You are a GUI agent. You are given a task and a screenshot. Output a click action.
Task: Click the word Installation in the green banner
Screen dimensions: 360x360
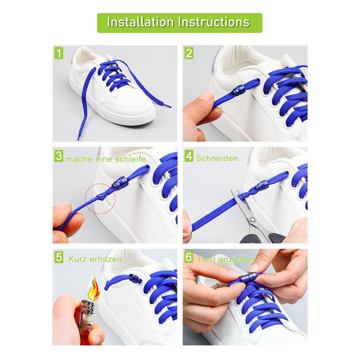(x=140, y=22)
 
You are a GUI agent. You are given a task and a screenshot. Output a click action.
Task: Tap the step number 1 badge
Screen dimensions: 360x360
(x=59, y=53)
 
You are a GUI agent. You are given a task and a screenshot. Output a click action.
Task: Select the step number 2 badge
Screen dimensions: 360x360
(x=189, y=53)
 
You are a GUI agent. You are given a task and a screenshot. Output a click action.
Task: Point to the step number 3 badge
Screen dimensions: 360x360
(x=59, y=156)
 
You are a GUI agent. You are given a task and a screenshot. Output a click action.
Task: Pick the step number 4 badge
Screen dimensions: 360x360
(x=189, y=156)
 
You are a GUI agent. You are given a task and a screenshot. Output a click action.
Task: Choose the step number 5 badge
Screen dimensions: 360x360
(x=59, y=257)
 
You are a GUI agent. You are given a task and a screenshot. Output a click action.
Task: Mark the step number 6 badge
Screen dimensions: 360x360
(x=189, y=257)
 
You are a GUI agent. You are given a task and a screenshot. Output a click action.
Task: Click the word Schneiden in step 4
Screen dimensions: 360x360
(x=217, y=158)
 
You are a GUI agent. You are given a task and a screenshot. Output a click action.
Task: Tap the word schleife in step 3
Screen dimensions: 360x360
(x=130, y=159)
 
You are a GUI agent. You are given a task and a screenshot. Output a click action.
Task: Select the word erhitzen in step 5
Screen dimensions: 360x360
(x=106, y=260)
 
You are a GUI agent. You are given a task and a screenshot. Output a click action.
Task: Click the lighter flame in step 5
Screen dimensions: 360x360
(x=94, y=288)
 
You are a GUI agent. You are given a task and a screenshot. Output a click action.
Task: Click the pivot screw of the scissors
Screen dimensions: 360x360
(x=252, y=219)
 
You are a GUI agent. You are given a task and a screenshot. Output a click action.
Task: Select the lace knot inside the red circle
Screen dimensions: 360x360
(x=100, y=196)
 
